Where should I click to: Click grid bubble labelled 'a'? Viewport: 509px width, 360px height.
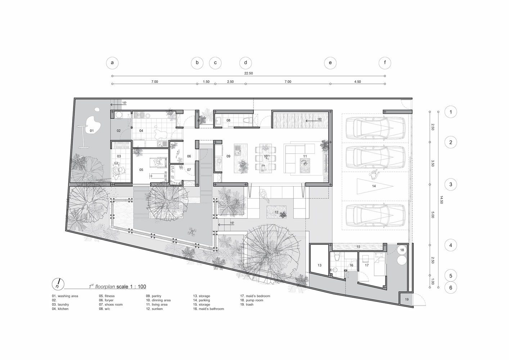[112, 63]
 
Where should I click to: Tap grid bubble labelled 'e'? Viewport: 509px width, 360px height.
[330, 63]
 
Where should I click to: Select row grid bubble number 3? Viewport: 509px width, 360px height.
[451, 184]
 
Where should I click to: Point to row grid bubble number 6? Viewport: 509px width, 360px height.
[451, 288]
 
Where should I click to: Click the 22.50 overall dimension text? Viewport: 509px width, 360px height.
[248, 73]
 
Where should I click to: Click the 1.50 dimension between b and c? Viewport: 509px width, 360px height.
[206, 82]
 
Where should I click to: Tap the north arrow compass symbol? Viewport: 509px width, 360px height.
[58, 284]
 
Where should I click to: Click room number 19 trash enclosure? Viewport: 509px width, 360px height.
[406, 299]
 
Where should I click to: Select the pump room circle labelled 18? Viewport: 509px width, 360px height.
[402, 250]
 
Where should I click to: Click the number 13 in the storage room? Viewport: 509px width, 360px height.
[320, 265]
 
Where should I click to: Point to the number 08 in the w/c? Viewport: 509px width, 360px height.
[228, 120]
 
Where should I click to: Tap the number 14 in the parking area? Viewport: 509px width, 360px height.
[374, 186]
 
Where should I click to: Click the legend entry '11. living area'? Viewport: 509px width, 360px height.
[157, 304]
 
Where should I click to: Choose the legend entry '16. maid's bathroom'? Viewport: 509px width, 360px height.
[208, 309]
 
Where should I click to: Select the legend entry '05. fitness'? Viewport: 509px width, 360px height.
[107, 296]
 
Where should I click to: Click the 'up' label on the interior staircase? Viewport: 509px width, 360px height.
[320, 119]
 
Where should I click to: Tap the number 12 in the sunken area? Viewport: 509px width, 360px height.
[276, 212]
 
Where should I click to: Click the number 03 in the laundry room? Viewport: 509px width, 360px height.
[119, 156]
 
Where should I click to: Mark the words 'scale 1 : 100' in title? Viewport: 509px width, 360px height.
[131, 287]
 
